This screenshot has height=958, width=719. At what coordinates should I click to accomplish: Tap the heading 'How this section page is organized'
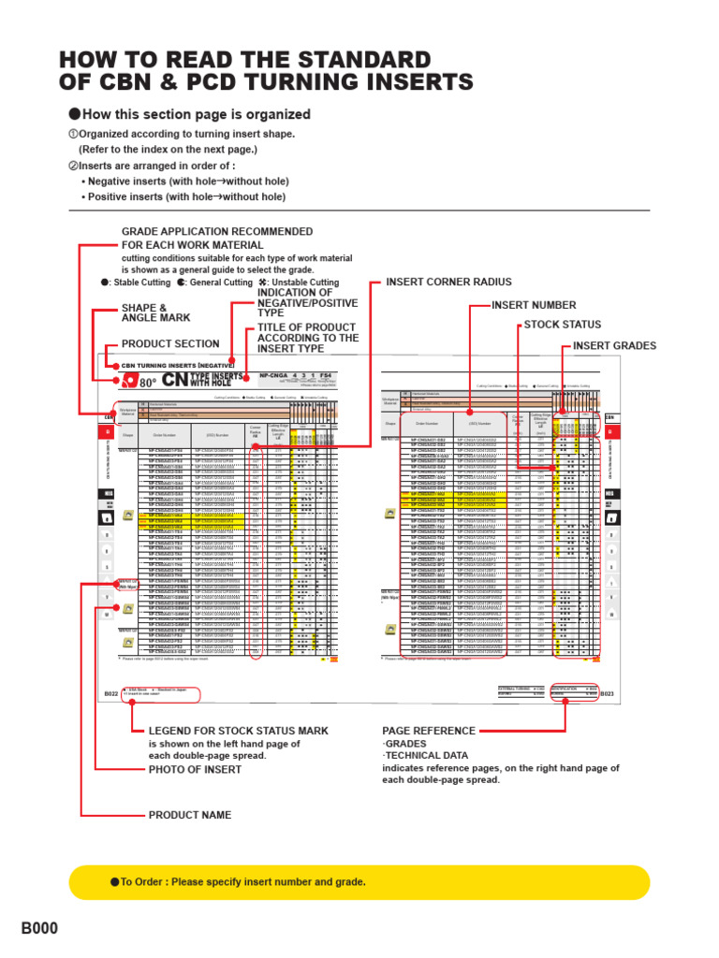click(196, 114)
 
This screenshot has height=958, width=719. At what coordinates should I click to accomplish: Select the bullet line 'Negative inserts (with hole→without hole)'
click(185, 181)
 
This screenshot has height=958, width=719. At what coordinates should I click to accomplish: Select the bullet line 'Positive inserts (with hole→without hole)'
click(183, 196)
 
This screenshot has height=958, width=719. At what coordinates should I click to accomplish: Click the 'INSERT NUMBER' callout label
click(534, 305)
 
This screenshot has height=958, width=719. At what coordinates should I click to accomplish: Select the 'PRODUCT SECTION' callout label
click(170, 343)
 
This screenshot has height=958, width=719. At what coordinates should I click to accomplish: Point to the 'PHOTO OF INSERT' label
click(195, 769)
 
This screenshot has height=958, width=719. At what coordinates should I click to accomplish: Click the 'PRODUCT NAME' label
click(189, 815)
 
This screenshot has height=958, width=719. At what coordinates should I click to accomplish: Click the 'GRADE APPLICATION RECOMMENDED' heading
click(217, 231)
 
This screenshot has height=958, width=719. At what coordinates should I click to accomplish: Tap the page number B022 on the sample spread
click(110, 693)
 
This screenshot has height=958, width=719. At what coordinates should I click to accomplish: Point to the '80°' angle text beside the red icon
click(148, 382)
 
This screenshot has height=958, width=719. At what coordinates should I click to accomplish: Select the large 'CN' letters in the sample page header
click(174, 379)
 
